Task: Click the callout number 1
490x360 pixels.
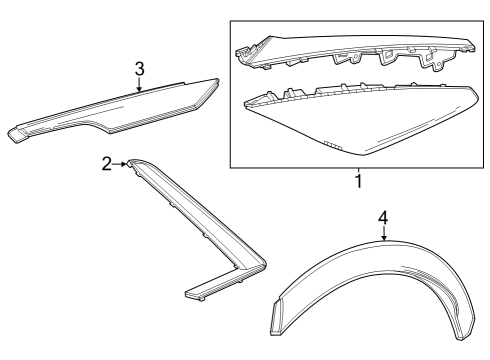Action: pos(358,183)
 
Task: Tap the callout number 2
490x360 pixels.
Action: pos(108,163)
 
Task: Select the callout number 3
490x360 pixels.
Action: pos(140,69)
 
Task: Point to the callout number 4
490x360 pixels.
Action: pos(382,218)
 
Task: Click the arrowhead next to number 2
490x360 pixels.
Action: pos(124,163)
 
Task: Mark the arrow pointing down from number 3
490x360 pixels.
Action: pos(140,87)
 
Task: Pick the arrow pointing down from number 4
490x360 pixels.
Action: pos(382,236)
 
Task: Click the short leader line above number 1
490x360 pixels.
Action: pos(358,169)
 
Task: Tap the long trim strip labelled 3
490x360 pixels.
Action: pos(120,107)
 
